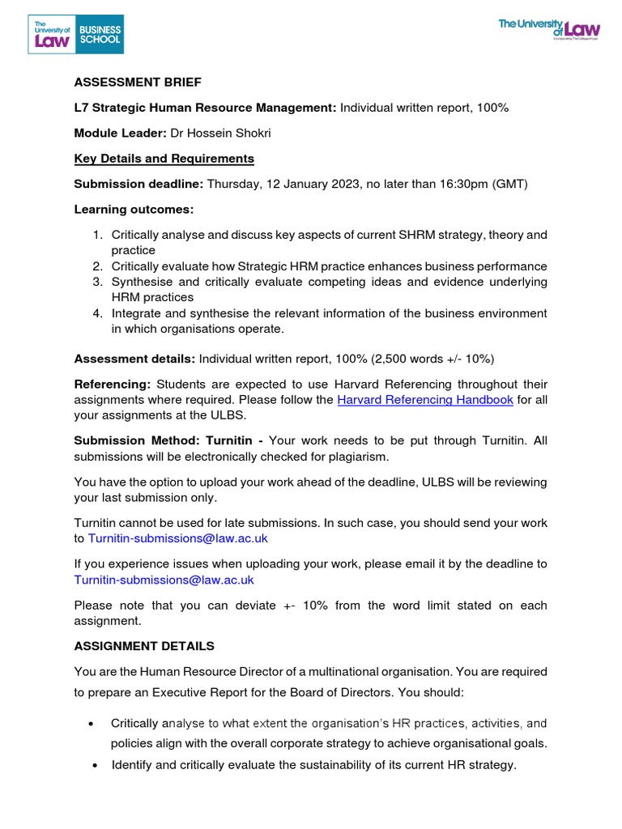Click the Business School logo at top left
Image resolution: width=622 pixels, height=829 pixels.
[77, 33]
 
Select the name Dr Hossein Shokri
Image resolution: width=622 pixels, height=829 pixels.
[215, 133]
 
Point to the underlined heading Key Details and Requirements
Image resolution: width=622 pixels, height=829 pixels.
[164, 159]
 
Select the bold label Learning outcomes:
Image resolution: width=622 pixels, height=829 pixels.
[134, 210]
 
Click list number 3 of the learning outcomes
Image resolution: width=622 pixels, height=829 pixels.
[96, 282]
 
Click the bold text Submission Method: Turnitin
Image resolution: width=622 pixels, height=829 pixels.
[168, 441]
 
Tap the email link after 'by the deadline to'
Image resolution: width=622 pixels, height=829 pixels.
[164, 580]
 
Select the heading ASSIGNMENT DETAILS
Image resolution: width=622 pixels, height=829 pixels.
[144, 646]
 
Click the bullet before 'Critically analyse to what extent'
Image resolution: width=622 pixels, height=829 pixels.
[94, 723]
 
